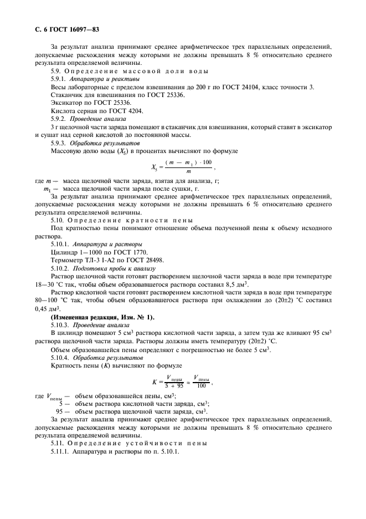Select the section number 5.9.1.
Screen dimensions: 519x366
[x=60, y=79]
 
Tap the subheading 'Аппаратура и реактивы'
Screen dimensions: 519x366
[x=104, y=79]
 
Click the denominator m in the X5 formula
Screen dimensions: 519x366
[x=180, y=171]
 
